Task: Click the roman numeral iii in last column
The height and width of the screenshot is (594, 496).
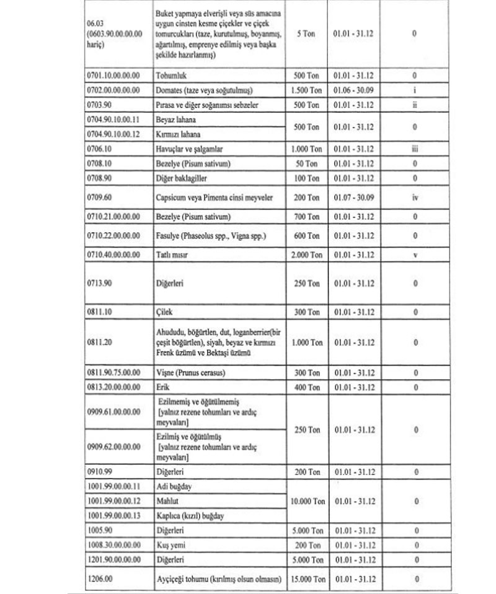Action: pos(414,149)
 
